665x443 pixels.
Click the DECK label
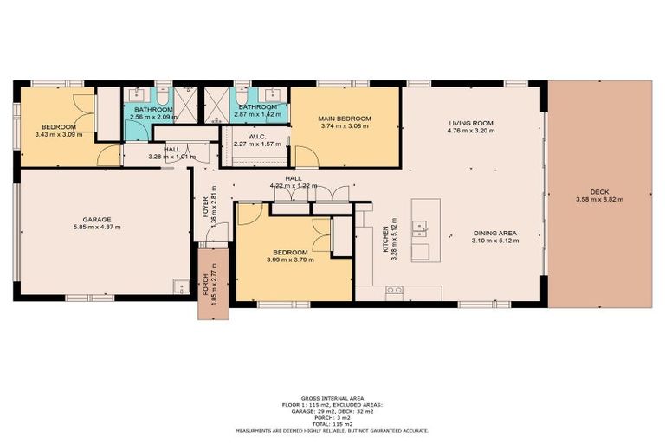(599, 191)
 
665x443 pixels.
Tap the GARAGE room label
(97, 220)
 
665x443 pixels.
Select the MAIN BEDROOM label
(345, 119)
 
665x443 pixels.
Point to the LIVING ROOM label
(471, 124)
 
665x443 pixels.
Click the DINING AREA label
(495, 233)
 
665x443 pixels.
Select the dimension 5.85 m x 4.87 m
(97, 228)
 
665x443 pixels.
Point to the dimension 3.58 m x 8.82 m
(599, 199)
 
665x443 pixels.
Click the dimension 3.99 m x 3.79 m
(294, 236)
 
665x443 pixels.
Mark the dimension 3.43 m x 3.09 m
(59, 134)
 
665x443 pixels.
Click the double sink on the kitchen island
(419, 229)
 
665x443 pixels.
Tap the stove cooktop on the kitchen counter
(394, 290)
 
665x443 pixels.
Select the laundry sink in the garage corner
(179, 286)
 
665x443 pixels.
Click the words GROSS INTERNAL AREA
(332, 398)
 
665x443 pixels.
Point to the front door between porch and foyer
(213, 245)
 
